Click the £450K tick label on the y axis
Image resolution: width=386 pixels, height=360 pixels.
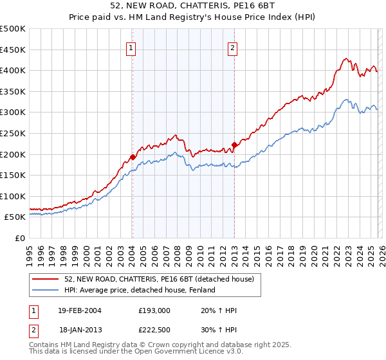click(14, 50)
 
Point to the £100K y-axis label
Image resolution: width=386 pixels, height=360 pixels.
click(14, 196)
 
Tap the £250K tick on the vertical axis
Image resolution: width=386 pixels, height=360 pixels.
click(14, 133)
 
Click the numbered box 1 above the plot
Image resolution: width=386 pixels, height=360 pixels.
click(131, 47)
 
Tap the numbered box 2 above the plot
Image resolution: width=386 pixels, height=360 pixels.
click(232, 47)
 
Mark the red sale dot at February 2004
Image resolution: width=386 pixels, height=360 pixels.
click(133, 157)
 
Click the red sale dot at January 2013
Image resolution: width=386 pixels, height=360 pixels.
click(234, 145)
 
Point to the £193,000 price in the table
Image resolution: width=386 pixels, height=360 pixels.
click(154, 310)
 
